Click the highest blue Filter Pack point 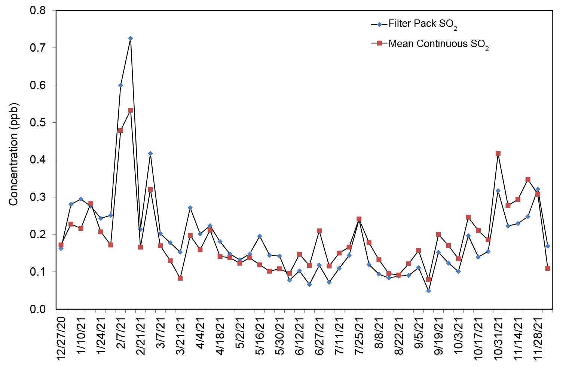pos(131,38)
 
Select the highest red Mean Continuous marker pos(131,110)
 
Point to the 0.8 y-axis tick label pos(38,10)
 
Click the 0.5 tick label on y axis pos(38,123)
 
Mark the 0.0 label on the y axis pos(38,309)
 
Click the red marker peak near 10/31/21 pos(498,154)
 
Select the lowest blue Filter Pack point pos(428,291)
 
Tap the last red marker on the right pos(548,269)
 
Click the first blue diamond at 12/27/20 pos(61,248)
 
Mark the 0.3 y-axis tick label pos(38,197)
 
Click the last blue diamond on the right pos(548,246)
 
